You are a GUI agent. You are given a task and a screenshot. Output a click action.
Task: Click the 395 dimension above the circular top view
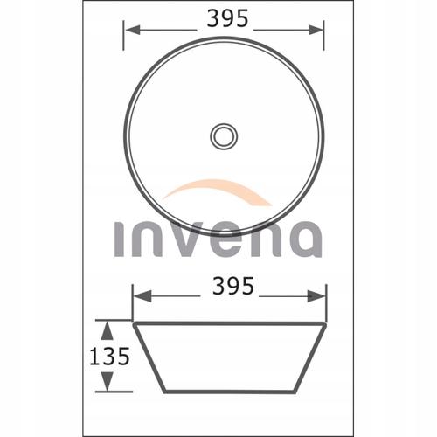(229, 18)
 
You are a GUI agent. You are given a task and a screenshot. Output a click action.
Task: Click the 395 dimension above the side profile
(232, 286)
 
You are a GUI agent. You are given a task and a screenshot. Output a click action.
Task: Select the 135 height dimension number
(108, 355)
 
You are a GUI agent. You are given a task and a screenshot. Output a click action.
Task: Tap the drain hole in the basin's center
(224, 135)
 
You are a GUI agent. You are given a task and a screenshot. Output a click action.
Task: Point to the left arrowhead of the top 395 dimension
(129, 28)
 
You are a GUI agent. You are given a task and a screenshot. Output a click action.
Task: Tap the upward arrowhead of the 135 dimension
(106, 327)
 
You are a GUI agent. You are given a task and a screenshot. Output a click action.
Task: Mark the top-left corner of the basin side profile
(133, 323)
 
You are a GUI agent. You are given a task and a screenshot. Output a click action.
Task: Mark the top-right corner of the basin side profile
(325, 323)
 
